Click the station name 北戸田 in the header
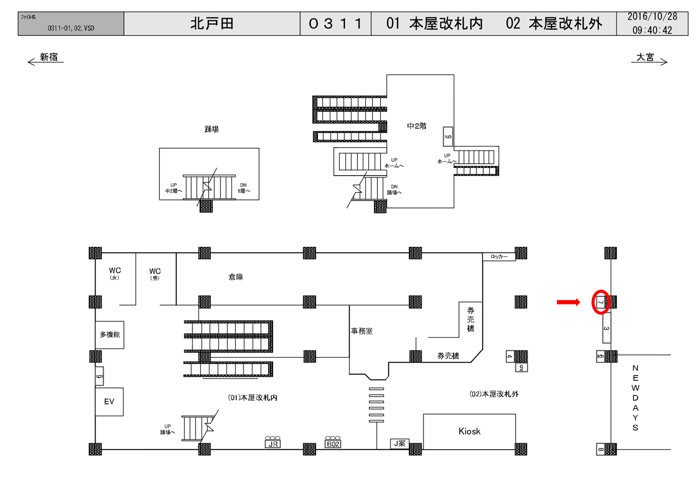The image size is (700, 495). pyautogui.click(x=212, y=23)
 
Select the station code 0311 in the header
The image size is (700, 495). pyautogui.click(x=335, y=23)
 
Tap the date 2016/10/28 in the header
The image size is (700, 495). pyautogui.click(x=652, y=17)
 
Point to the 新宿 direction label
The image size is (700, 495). pyautogui.click(x=48, y=57)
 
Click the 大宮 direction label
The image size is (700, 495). pyautogui.click(x=645, y=57)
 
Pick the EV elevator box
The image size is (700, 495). pyautogui.click(x=109, y=401)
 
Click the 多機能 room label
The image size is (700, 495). pyautogui.click(x=110, y=334)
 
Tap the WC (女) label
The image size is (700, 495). pyautogui.click(x=115, y=273)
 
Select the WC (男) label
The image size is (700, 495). pyautogui.click(x=155, y=274)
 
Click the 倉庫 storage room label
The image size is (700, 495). pyautogui.click(x=236, y=277)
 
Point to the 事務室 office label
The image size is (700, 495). pyautogui.click(x=362, y=331)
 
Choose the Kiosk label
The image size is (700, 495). pyautogui.click(x=469, y=431)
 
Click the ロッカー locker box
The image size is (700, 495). pyautogui.click(x=499, y=257)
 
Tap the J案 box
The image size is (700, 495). pyautogui.click(x=399, y=444)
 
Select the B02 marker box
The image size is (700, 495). pyautogui.click(x=333, y=444)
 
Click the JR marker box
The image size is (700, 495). pyautogui.click(x=273, y=444)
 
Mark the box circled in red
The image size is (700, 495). pyautogui.click(x=600, y=302)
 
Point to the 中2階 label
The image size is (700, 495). pyautogui.click(x=416, y=126)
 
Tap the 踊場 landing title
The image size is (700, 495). pyautogui.click(x=211, y=129)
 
